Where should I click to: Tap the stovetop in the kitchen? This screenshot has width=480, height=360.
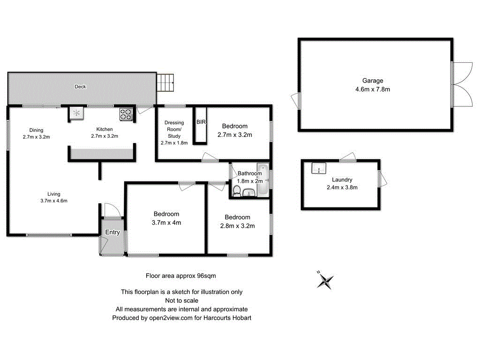126,113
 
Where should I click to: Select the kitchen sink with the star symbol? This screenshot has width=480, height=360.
76,112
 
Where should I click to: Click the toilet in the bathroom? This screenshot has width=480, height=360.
237,190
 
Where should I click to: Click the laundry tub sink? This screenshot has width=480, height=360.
319,168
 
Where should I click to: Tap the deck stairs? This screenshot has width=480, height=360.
165,83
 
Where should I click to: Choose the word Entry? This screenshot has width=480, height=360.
112,232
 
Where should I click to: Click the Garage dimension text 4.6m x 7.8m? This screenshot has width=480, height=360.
373,89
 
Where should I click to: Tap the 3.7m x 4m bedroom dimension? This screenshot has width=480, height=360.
166,223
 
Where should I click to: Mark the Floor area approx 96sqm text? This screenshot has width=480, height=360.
181,276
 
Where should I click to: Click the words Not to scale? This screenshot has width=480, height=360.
181,300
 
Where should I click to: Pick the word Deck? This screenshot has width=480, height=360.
80,87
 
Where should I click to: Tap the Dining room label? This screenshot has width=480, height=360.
36,130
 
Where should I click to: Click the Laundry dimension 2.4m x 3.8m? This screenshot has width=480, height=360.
342,187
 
